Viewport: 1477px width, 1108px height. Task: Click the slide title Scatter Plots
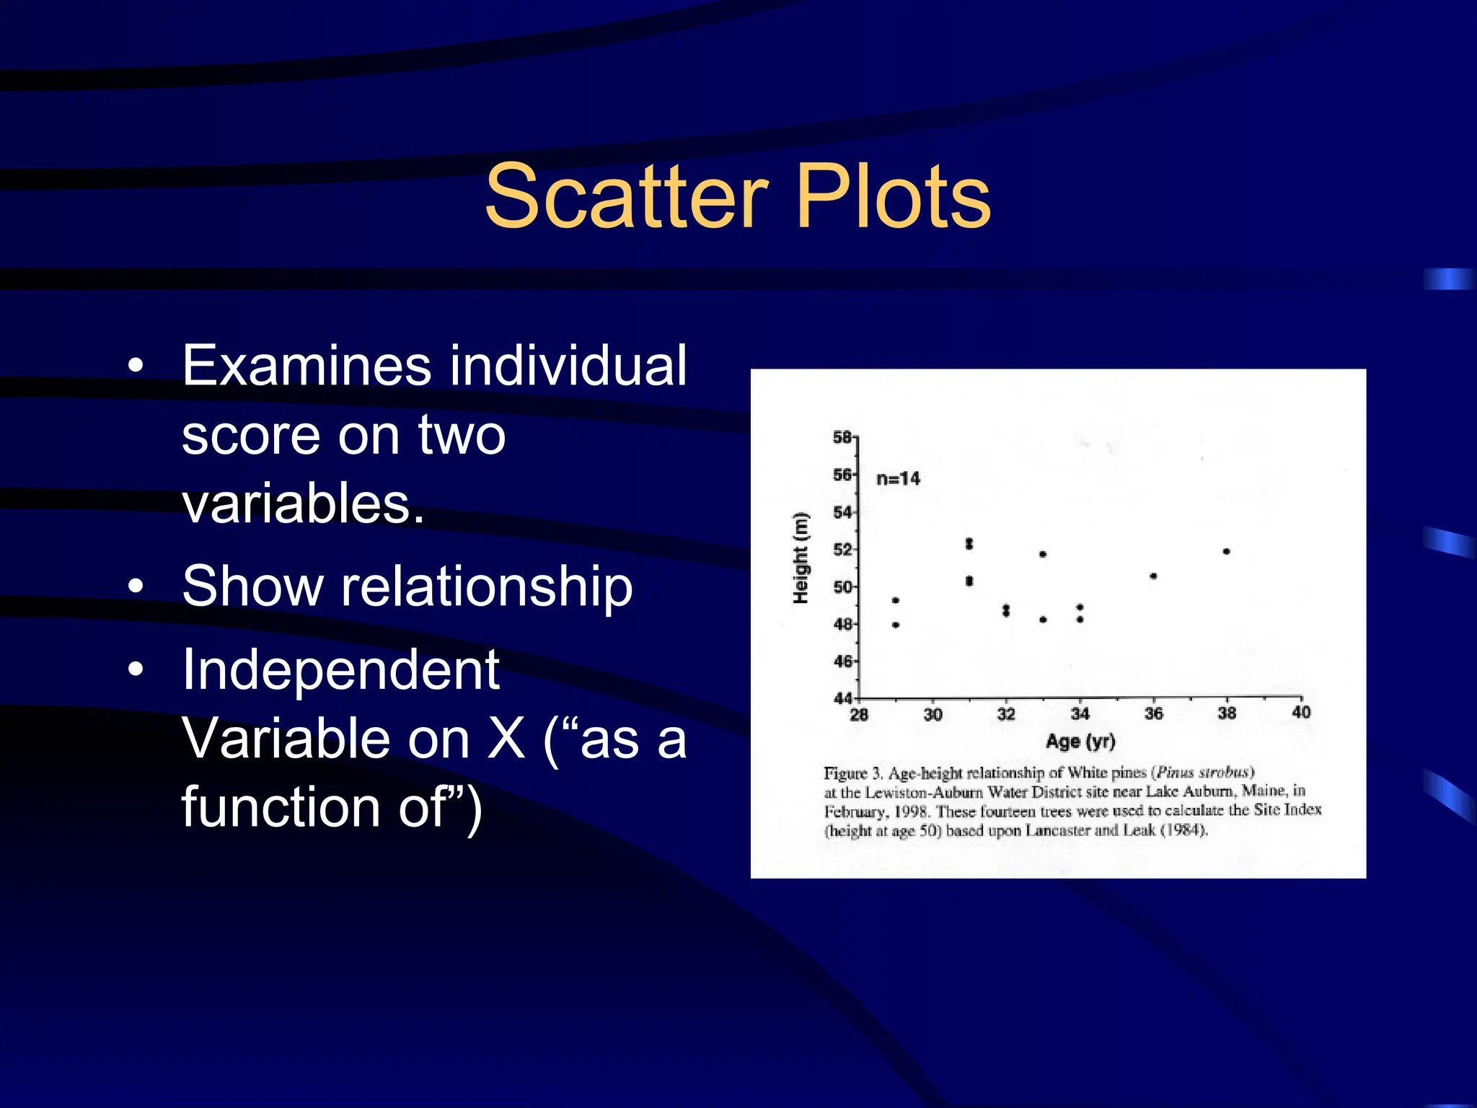click(738, 196)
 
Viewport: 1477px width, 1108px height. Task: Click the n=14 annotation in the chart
click(898, 478)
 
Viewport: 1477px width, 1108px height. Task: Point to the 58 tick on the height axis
click(842, 437)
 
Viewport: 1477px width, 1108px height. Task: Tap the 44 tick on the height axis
click(842, 698)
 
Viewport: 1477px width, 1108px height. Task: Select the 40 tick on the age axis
click(1301, 713)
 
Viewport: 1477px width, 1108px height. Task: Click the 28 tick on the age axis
click(859, 715)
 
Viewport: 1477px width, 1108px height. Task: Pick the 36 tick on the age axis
click(1153, 713)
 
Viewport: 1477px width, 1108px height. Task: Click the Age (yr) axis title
click(1080, 741)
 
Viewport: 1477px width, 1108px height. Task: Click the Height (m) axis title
click(801, 558)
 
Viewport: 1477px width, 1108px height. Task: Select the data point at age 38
click(1226, 552)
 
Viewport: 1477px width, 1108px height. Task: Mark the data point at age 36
click(1153, 576)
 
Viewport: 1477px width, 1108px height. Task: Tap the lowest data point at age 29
click(896, 625)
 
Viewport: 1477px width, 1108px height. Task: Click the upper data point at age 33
click(1043, 555)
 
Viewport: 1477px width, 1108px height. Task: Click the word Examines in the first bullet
click(307, 366)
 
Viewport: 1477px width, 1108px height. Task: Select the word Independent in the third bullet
click(340, 669)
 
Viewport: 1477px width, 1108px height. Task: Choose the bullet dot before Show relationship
click(136, 586)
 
